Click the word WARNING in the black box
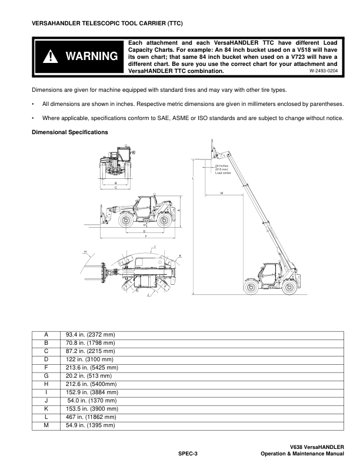click(92, 56)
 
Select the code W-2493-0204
click(323, 71)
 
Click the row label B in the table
click(46, 342)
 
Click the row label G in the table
click(46, 375)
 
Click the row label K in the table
click(46, 408)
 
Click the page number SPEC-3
click(188, 454)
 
